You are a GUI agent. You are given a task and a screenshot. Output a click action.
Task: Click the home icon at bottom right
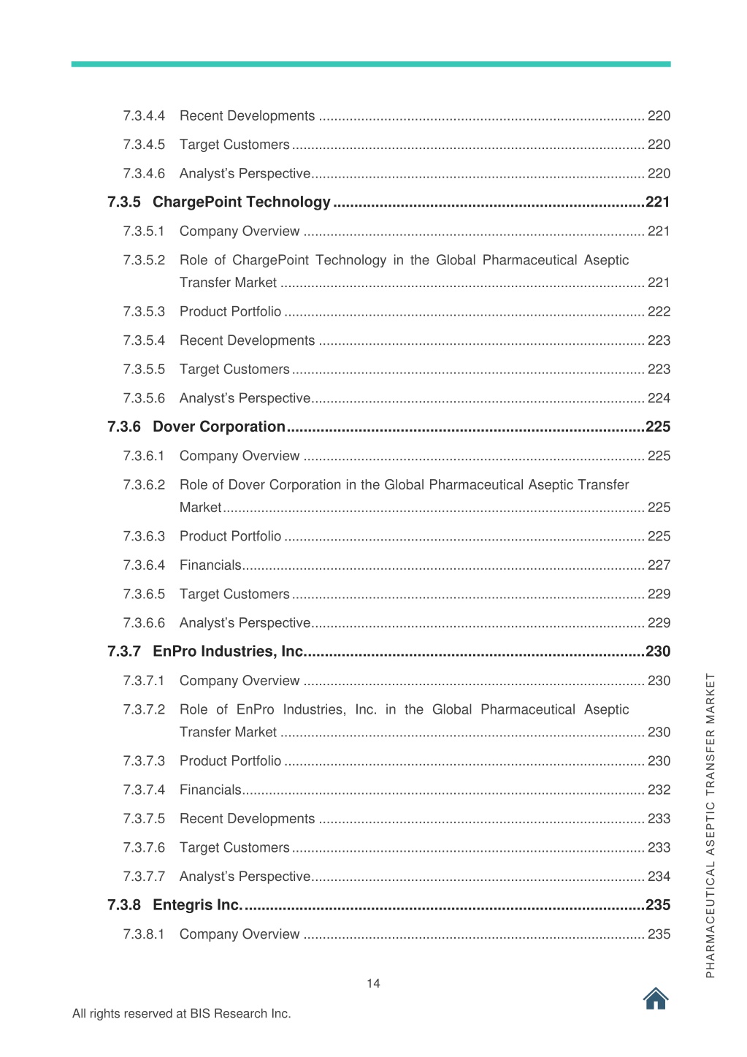point(656,998)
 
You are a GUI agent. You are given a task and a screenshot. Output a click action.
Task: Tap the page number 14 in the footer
point(373,983)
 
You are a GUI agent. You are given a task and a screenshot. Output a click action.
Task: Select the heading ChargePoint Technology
point(241,202)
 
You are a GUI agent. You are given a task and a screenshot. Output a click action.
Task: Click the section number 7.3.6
point(123,427)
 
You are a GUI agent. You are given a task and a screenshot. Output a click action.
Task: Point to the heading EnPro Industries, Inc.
point(228,652)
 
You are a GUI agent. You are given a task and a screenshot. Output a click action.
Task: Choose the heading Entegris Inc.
point(196,905)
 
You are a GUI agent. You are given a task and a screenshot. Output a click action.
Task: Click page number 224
point(659,398)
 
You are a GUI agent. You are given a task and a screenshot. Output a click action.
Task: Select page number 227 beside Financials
point(659,565)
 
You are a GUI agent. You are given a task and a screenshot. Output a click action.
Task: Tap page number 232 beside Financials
point(659,790)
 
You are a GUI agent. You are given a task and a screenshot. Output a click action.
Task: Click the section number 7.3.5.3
point(144,312)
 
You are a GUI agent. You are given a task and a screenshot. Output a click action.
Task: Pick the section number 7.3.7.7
point(144,877)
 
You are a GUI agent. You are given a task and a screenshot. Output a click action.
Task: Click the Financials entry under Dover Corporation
point(210,565)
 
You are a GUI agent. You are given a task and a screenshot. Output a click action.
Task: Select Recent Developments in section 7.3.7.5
point(247,819)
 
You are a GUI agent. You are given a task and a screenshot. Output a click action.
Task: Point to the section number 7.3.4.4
point(144,116)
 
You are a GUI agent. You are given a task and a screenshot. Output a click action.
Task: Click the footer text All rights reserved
point(181,1014)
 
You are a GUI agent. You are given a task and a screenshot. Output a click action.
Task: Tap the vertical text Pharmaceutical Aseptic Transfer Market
point(710,825)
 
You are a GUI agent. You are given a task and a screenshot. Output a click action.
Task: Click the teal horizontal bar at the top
point(371,64)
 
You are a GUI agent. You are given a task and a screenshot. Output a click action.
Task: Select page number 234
point(659,877)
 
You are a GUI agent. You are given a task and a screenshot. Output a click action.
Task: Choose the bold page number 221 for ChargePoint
point(657,202)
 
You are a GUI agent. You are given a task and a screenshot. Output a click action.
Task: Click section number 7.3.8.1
point(144,934)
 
